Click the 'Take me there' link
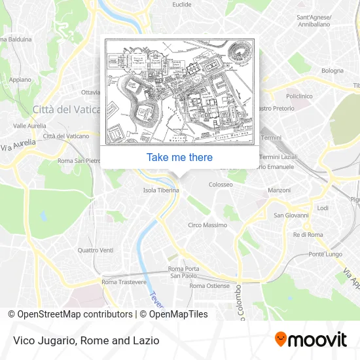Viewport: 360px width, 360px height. pyautogui.click(x=179, y=157)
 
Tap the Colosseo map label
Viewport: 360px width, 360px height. pyautogui.click(x=221, y=185)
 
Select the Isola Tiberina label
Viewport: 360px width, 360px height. pyautogui.click(x=161, y=190)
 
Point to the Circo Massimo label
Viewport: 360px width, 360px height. pyautogui.click(x=207, y=225)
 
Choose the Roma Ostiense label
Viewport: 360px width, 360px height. pyautogui.click(x=209, y=286)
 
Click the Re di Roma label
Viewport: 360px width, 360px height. pyautogui.click(x=308, y=234)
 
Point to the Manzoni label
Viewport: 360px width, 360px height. pyautogui.click(x=279, y=190)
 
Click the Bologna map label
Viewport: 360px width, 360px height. pyautogui.click(x=332, y=70)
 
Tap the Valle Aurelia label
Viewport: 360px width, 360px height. pyautogui.click(x=28, y=125)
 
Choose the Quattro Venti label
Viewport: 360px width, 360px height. pyautogui.click(x=95, y=249)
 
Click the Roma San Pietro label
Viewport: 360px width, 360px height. pyautogui.click(x=79, y=160)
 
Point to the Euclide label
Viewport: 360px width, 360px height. pyautogui.click(x=182, y=5)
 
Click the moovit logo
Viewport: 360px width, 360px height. pyautogui.click(x=310, y=340)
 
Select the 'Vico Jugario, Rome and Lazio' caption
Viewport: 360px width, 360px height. pyautogui.click(x=84, y=340)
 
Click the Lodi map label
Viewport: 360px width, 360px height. pyautogui.click(x=323, y=207)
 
